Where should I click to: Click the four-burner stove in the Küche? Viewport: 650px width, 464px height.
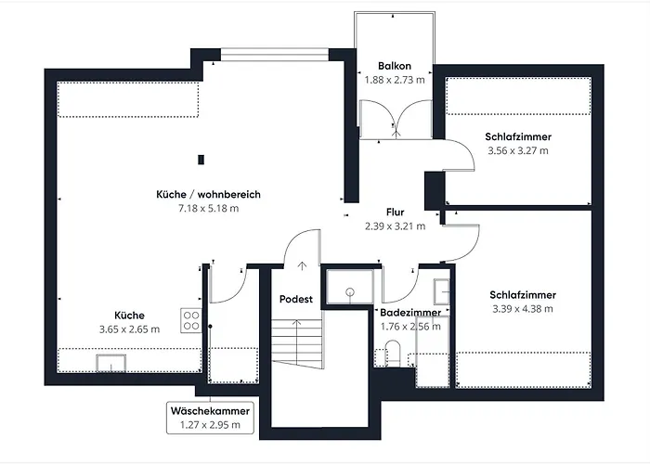click(x=191, y=320)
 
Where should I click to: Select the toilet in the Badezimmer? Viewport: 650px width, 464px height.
click(x=391, y=354)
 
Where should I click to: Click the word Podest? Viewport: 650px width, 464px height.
click(x=296, y=300)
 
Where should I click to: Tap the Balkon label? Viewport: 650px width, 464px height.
click(x=395, y=67)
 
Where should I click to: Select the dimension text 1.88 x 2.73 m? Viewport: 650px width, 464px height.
click(x=395, y=81)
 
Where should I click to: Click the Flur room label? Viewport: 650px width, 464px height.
click(x=394, y=212)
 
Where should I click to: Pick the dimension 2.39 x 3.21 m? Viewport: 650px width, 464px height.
click(x=394, y=226)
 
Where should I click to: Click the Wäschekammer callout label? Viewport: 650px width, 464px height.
click(x=209, y=411)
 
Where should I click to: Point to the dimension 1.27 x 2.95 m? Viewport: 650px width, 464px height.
click(x=209, y=425)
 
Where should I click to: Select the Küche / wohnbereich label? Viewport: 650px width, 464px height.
click(x=208, y=195)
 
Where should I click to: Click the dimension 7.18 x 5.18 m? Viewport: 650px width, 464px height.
click(x=208, y=209)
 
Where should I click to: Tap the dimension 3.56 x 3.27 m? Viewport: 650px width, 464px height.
click(x=517, y=149)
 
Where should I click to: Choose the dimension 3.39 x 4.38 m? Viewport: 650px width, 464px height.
click(x=522, y=309)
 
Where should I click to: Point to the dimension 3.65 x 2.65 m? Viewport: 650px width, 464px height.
click(x=129, y=329)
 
